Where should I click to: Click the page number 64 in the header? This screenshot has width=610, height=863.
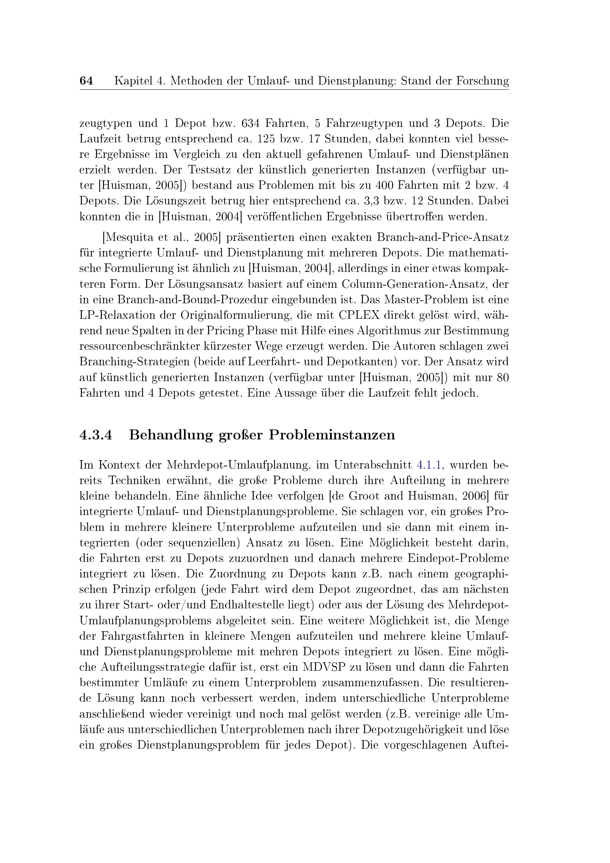86,80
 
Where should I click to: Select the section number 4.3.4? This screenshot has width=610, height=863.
96,435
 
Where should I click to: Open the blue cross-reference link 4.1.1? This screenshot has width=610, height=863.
429,465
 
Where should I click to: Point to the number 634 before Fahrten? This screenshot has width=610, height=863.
250,123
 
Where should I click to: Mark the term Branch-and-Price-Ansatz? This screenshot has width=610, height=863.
443,238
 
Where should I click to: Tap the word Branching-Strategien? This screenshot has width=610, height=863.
135,362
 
